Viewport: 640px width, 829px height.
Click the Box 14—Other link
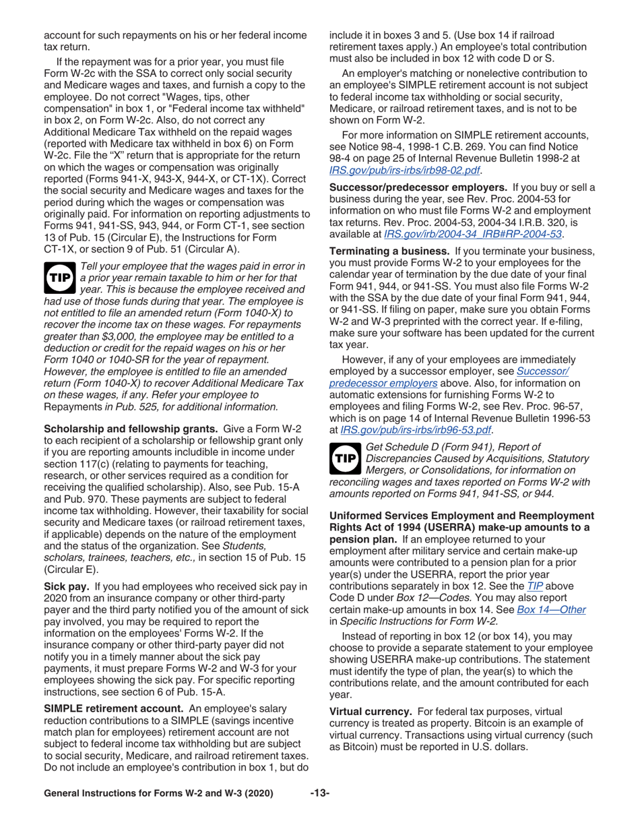[551, 609]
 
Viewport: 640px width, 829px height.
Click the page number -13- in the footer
[319, 793]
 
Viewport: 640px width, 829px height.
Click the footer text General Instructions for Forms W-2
[158, 793]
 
